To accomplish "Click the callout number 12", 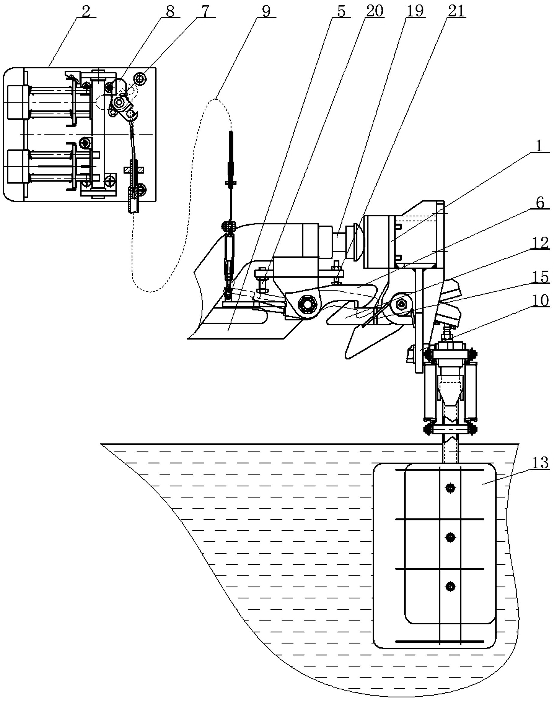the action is pyautogui.click(x=540, y=243).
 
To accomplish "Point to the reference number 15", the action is pyautogui.click(x=540, y=277).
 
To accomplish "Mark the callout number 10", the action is pyautogui.click(x=540, y=301).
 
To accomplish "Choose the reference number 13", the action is pyautogui.click(x=540, y=463).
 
